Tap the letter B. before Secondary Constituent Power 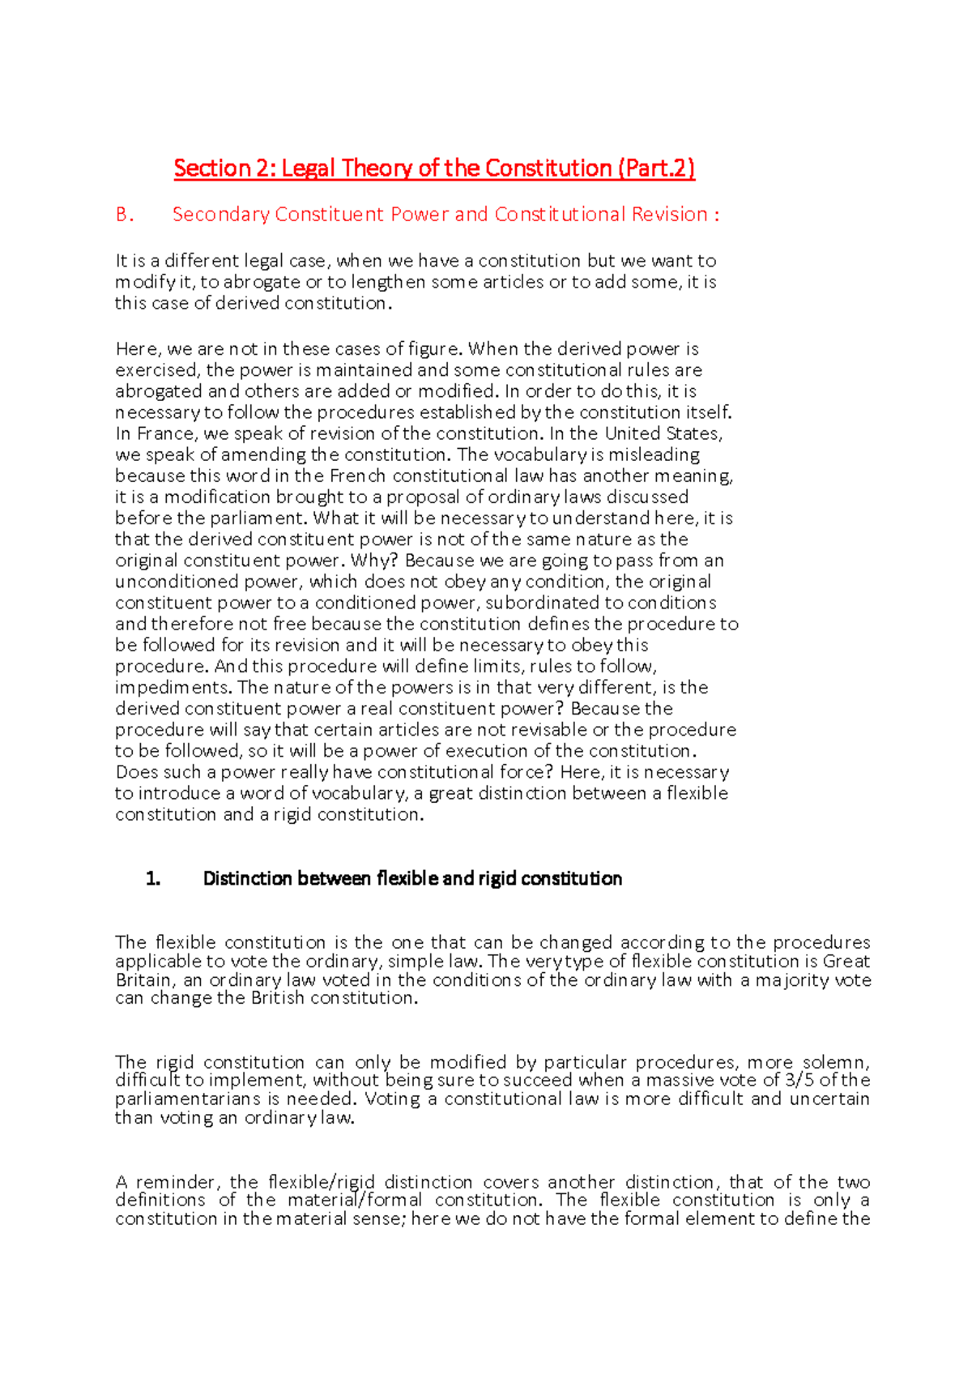click(x=125, y=215)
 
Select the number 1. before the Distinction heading click(x=153, y=879)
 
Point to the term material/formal click(x=355, y=1200)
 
